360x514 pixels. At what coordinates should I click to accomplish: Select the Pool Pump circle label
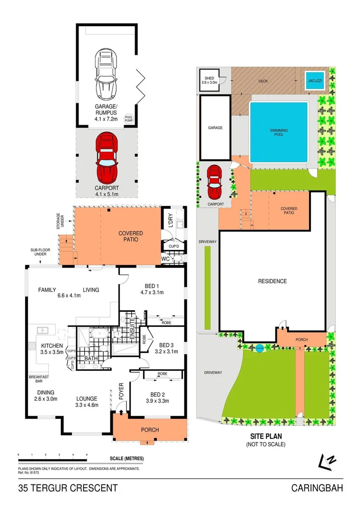coord(129,119)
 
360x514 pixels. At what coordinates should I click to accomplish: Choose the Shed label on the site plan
coord(209,80)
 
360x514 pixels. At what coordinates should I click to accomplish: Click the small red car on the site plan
coord(214,181)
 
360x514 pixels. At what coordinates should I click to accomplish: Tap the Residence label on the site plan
coord(272,281)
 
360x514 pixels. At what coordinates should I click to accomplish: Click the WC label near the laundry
coord(165,259)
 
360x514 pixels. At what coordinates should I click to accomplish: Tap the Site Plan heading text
coord(265,435)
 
